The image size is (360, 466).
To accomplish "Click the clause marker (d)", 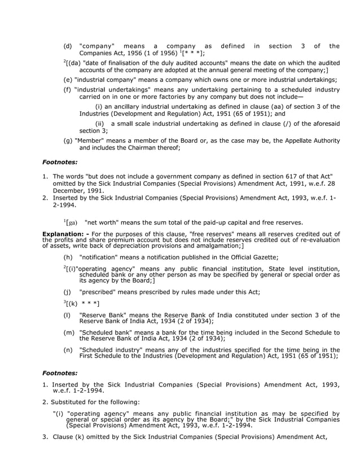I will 68,46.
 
